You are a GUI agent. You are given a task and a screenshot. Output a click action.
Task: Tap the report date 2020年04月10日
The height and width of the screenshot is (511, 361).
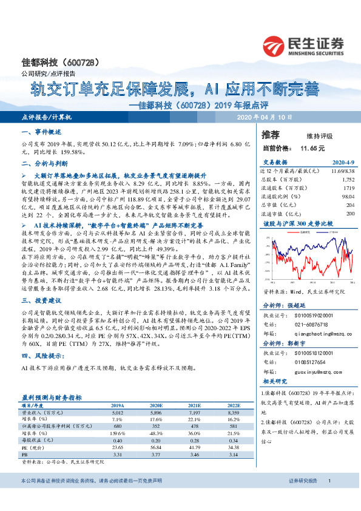tap(264, 117)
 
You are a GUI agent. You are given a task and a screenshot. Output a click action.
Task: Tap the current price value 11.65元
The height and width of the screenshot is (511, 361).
tap(312, 148)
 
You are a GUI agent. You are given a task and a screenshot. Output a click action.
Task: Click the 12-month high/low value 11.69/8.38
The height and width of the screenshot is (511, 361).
tap(340, 172)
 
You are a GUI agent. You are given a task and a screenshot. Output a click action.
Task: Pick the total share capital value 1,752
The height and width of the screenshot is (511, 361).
tap(347, 180)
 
